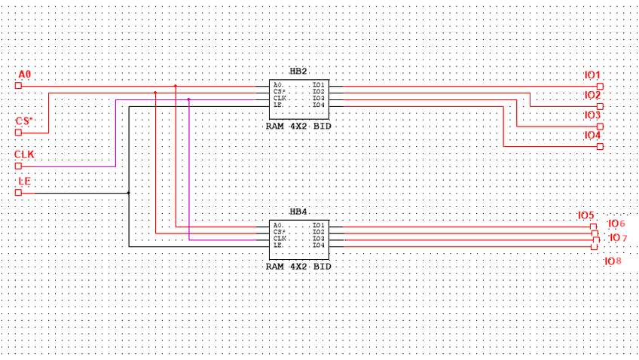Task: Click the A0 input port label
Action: pyautogui.click(x=25, y=75)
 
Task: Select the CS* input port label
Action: pyautogui.click(x=25, y=121)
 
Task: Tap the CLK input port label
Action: pyautogui.click(x=25, y=155)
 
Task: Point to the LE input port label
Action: pyautogui.click(x=24, y=182)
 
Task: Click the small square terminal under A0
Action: pyautogui.click(x=18, y=86)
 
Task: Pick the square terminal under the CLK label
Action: pyautogui.click(x=18, y=166)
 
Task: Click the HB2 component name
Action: pyautogui.click(x=298, y=72)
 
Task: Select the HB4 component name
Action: pyautogui.click(x=298, y=212)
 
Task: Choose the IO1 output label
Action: pyautogui.click(x=592, y=75)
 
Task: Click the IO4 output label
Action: pyautogui.click(x=592, y=136)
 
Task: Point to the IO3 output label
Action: pyautogui.click(x=592, y=115)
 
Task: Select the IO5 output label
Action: pyautogui.click(x=585, y=215)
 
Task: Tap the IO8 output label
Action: pyautogui.click(x=613, y=261)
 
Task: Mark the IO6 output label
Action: pyautogui.click(x=616, y=224)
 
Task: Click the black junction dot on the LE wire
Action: pyautogui.click(x=129, y=193)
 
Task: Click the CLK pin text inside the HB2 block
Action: pyautogui.click(x=280, y=99)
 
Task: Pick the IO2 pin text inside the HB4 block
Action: pyautogui.click(x=318, y=232)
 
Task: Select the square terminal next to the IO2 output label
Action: pyautogui.click(x=600, y=106)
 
